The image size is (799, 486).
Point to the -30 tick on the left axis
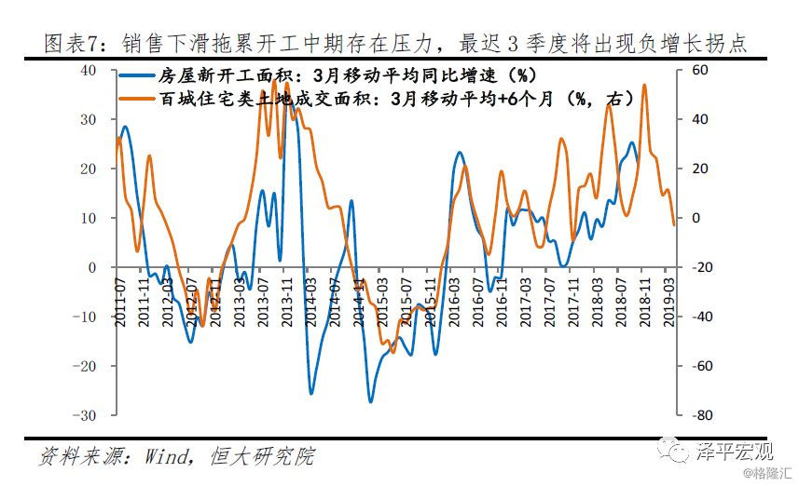click(93, 414)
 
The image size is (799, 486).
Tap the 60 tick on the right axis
click(698, 71)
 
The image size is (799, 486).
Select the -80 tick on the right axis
click(700, 414)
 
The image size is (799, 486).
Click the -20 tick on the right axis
click(700, 267)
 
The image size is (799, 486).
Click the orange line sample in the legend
click(140, 96)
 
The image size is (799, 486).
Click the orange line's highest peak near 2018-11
click(644, 86)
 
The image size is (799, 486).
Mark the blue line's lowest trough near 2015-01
click(370, 401)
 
